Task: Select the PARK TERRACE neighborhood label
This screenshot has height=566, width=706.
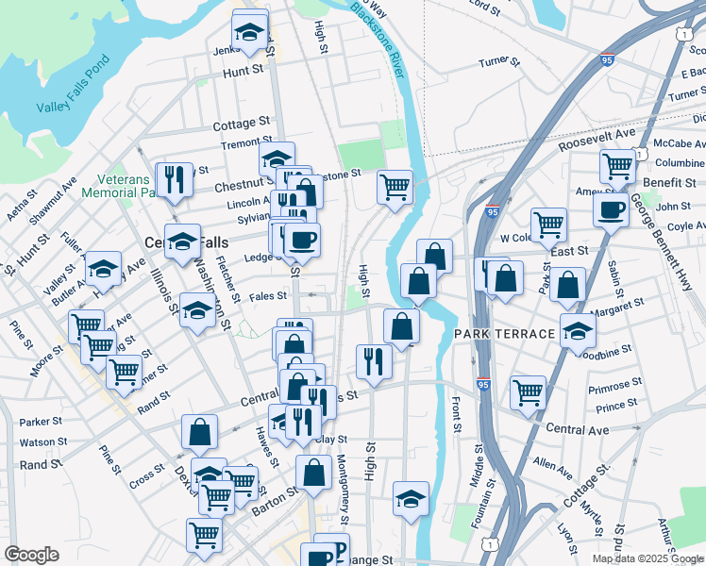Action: [504, 335]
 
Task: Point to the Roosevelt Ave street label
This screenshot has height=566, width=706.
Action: [597, 141]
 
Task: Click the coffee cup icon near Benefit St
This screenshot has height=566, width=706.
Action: [611, 208]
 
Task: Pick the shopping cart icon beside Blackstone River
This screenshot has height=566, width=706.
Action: [395, 185]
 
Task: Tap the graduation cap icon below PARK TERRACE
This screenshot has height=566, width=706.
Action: [578, 331]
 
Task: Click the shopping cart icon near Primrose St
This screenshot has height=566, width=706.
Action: [528, 391]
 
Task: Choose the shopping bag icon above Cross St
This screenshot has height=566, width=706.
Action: [200, 432]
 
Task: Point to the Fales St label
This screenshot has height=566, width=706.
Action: [268, 296]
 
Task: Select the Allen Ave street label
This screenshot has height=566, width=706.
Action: [553, 464]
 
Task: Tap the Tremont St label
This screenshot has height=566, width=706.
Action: [240, 142]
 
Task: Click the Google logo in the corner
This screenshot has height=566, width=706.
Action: [31, 555]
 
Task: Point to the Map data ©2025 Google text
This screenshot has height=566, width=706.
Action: [647, 558]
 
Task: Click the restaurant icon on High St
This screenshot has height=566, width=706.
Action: [374, 361]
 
